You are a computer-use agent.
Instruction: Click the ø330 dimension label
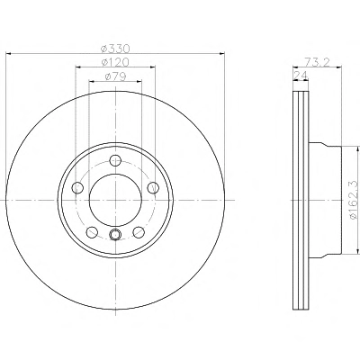tap(115, 48)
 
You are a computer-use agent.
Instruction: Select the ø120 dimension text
tap(115, 62)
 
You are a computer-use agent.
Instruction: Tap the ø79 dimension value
tap(115, 76)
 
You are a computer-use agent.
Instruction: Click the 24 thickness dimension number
tap(301, 76)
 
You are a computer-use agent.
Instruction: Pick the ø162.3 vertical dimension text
tap(354, 199)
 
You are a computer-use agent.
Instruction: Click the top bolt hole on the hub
tap(115, 160)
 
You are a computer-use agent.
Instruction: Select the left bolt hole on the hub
tap(78, 188)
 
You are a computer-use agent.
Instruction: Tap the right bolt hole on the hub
tap(153, 187)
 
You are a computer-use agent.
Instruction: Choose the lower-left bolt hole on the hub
tap(92, 231)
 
